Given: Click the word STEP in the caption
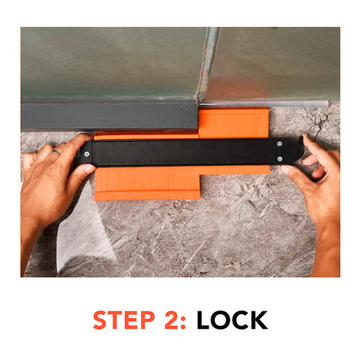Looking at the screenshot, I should (x=123, y=320).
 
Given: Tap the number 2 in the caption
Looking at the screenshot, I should (x=172, y=320).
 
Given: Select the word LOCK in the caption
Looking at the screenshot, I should (x=232, y=320).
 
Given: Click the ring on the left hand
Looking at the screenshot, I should (x=55, y=152).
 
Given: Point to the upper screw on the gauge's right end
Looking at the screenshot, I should (x=280, y=143).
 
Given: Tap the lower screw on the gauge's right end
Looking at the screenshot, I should (x=280, y=158).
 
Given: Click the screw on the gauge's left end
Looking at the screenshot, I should (x=88, y=155).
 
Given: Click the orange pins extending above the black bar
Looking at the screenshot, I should (x=232, y=124).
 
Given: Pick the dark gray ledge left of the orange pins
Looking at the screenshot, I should (x=109, y=116).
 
